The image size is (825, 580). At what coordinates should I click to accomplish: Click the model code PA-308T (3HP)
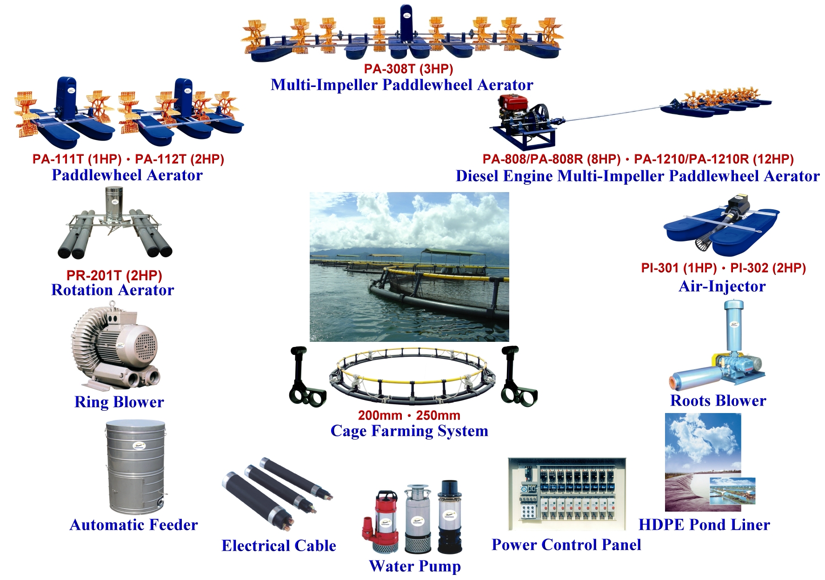coord(408,69)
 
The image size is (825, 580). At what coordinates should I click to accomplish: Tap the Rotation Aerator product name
coord(113,290)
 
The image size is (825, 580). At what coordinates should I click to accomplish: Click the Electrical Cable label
coord(279,546)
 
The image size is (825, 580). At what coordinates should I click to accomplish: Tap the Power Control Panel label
coord(566,545)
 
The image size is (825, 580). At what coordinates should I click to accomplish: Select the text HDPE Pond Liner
coord(704,525)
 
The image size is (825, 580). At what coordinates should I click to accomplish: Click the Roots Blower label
coord(718,400)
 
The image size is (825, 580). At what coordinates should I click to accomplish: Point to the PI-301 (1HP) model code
coord(679,268)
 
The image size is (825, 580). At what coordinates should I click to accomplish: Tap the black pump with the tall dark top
coord(449,516)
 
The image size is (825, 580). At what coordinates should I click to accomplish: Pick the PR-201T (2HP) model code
coord(114,275)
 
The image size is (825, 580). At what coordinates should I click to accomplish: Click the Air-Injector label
coord(722,286)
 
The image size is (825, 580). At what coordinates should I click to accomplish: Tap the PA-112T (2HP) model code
coord(180,159)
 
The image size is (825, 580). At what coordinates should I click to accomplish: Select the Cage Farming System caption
coord(409,431)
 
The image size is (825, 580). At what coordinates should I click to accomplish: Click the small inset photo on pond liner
coord(732,491)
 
